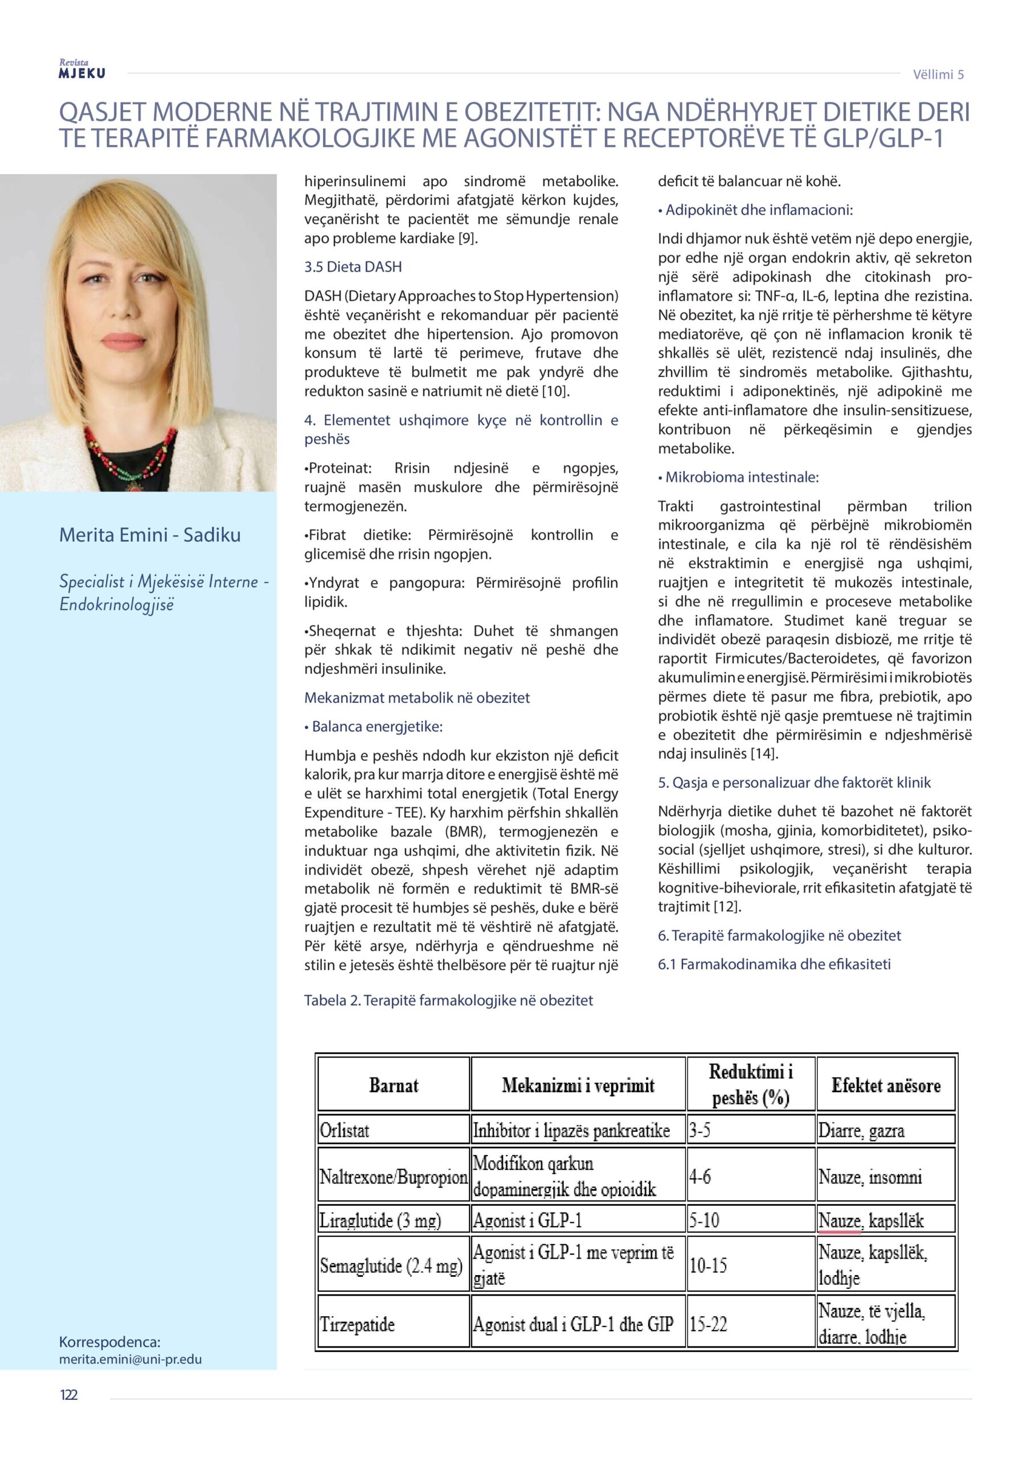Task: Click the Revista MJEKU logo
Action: coord(81,69)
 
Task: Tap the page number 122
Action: coord(68,1395)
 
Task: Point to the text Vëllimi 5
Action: coord(938,74)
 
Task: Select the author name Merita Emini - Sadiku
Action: coord(150,535)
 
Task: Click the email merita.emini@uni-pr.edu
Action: coord(130,1359)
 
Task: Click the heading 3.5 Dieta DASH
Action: coord(353,267)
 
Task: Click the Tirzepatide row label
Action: coord(357,1325)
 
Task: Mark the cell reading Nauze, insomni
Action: coord(870,1177)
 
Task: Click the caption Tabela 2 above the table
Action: coord(448,1000)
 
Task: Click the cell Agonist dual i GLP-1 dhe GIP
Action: coord(572,1325)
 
